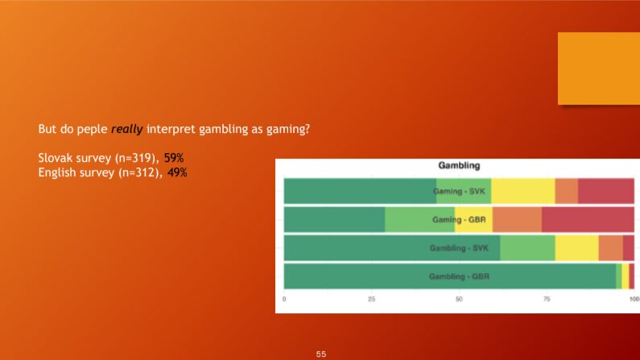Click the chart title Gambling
[459, 165]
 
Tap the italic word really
[127, 130]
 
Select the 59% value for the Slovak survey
[173, 158]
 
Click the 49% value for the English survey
[177, 172]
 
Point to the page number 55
[321, 354]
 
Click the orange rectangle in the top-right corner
[599, 68]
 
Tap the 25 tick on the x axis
[371, 299]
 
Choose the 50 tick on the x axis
[459, 299]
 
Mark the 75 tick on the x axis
[547, 299]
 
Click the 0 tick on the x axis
[284, 299]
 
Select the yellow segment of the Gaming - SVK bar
[522, 191]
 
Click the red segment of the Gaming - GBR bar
[588, 220]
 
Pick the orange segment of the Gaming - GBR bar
[517, 220]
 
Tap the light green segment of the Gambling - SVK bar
[527, 248]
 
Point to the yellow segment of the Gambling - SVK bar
[576, 248]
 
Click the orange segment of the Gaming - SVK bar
[567, 191]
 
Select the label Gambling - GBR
[459, 276]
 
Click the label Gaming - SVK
[459, 191]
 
